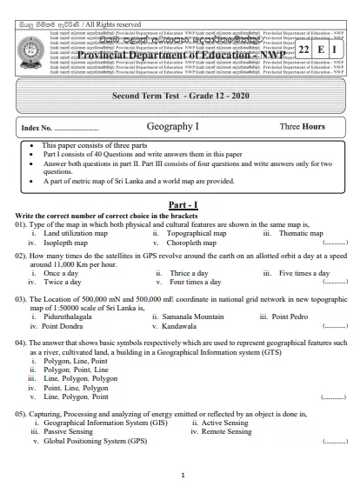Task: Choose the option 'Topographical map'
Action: (197, 234)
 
